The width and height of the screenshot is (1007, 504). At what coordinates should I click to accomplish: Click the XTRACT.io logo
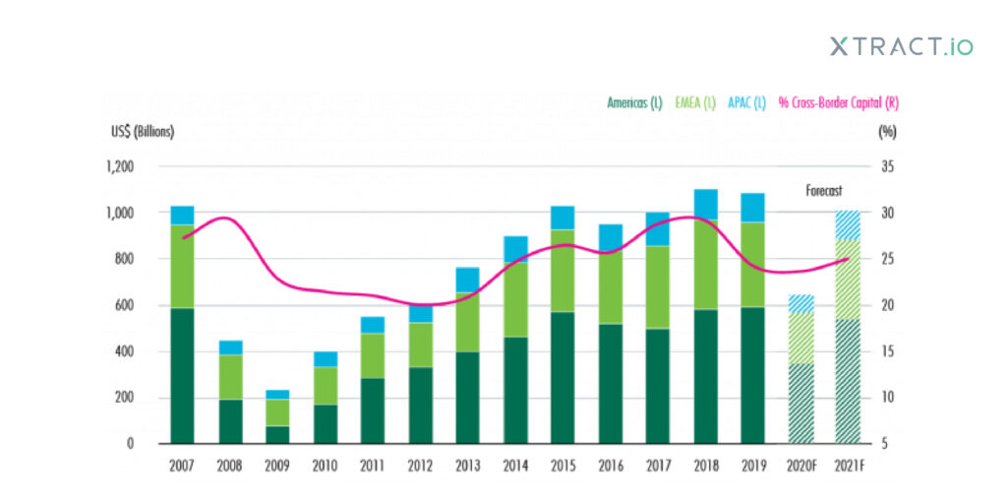900,45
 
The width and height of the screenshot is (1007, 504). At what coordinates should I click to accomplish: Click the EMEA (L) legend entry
694,101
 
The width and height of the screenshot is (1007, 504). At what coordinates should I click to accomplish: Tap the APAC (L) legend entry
747,101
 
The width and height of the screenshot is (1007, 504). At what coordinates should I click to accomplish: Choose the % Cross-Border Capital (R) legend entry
832,101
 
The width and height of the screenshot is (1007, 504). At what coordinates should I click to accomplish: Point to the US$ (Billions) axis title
141,132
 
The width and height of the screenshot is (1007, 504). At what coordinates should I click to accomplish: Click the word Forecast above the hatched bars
824,192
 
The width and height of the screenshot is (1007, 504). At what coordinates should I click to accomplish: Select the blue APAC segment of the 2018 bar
705,204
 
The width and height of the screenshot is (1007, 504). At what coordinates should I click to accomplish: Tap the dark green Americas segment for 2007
182,374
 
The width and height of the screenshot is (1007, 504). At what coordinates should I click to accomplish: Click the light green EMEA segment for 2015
563,271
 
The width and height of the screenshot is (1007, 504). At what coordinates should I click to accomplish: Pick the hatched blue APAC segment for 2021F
849,224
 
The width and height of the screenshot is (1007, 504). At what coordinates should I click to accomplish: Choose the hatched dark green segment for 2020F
801,404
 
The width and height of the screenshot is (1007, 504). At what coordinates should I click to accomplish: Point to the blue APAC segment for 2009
277,394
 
